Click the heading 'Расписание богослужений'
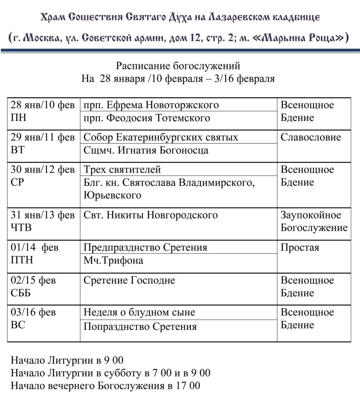(x=178, y=66)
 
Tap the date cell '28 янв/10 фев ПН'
(x=43, y=111)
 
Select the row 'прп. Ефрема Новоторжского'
(x=151, y=105)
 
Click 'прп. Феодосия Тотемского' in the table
(x=146, y=118)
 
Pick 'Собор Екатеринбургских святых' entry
(x=161, y=137)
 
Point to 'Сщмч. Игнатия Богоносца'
(x=146, y=150)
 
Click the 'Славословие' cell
(x=311, y=137)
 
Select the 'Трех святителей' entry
(x=122, y=169)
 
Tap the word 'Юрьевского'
(x=112, y=195)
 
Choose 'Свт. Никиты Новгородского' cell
(x=151, y=215)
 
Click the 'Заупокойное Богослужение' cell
(x=314, y=221)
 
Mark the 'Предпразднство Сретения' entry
(x=145, y=247)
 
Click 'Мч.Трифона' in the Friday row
(x=113, y=260)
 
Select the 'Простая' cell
(x=300, y=247)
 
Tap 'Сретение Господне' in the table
(x=129, y=280)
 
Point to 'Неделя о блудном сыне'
(x=139, y=312)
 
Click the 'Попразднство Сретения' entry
(x=140, y=326)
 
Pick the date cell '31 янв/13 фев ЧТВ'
(x=43, y=221)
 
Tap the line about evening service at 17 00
(x=106, y=386)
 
